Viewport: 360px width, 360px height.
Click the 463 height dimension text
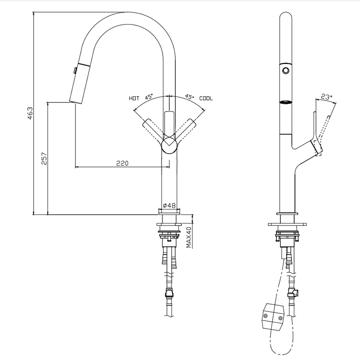(30, 113)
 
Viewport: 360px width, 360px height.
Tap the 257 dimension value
(44, 159)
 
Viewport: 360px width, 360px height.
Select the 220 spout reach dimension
(122, 163)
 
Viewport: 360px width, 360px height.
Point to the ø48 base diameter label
(169, 206)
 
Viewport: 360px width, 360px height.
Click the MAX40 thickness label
(189, 237)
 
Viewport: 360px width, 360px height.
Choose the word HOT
(134, 98)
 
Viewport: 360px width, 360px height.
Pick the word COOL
(206, 98)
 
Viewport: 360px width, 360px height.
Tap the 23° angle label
(326, 97)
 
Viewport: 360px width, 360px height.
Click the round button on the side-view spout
(287, 71)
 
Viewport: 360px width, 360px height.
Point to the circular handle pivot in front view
(169, 144)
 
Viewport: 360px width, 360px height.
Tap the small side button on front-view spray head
(75, 71)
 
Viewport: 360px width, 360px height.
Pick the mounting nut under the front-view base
(168, 236)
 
